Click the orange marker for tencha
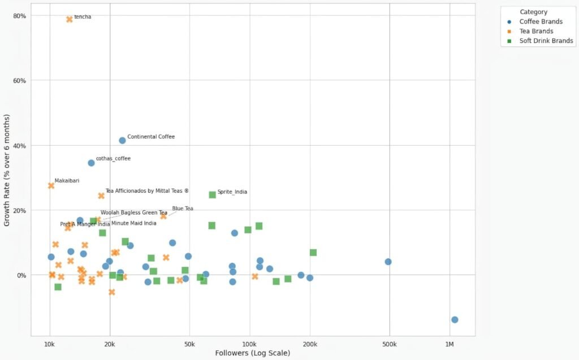[x=70, y=19]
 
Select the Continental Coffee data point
[x=122, y=140]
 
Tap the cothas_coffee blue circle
[x=91, y=163]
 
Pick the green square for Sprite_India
[x=213, y=194]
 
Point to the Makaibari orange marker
[x=51, y=185]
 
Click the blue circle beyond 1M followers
[x=455, y=320]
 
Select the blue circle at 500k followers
[x=388, y=262]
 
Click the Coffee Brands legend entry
[x=541, y=21]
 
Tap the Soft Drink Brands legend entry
[x=546, y=41]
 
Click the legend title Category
[x=533, y=12]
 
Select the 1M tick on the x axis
[x=450, y=344]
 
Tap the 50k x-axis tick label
[x=189, y=344]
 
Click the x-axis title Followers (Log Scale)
[x=253, y=353]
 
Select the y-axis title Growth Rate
[x=7, y=170]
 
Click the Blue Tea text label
[x=183, y=209]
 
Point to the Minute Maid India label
[x=134, y=223]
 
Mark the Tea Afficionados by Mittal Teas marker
[x=101, y=196]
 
